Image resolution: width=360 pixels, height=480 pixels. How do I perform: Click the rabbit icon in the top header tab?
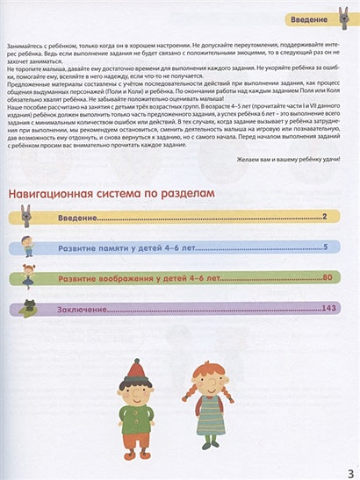point(343,18)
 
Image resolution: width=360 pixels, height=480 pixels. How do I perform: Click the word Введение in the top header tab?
point(312,18)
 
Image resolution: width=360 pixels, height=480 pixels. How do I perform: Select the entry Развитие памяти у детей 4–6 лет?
point(133,249)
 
